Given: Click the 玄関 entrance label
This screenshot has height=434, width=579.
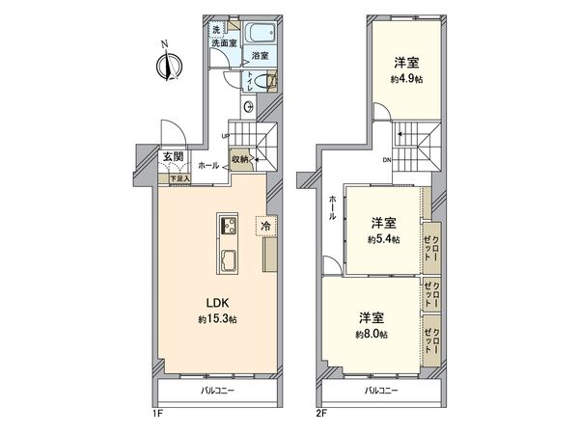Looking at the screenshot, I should pos(173,157).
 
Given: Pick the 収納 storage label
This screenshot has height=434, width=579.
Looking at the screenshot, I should pos(241,159).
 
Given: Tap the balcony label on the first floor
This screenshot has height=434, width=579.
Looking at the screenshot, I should pos(220,391).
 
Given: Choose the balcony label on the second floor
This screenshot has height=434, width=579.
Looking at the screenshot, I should pos(384,391).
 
